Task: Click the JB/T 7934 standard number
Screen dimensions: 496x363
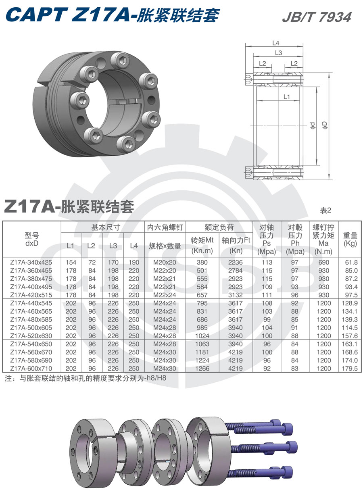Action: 317,17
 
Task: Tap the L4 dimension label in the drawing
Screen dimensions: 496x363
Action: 276,43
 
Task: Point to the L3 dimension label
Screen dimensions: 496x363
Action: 278,53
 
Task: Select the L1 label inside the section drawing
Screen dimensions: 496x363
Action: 287,97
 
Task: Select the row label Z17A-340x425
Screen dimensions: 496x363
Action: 31,263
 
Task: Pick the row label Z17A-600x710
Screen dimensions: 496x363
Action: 31,369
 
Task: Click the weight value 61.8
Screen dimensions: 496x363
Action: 351,263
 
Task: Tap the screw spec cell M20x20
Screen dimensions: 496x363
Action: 165,263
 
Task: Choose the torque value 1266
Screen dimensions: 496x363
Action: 202,369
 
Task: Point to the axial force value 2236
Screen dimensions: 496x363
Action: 236,263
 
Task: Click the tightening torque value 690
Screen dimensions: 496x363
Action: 324,263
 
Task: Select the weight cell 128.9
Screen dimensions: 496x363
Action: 350,303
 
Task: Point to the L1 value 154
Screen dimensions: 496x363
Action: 71,263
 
